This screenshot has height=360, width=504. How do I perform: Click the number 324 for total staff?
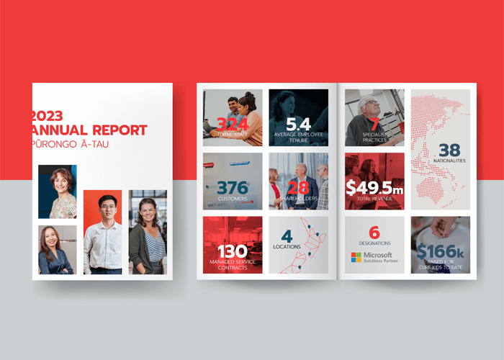pos(233,125)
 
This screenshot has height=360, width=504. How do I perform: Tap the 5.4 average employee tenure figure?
pos(298,124)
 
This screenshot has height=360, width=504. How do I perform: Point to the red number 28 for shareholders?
pos(298,188)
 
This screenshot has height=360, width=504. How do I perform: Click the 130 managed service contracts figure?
pos(233,251)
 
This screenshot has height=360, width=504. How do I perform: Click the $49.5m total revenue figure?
pos(374,188)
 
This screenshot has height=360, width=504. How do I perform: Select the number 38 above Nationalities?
pos(449,150)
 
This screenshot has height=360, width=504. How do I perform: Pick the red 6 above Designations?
pos(374,233)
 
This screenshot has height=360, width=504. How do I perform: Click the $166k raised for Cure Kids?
pos(440,251)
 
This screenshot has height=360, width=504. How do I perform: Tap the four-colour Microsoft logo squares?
pos(356,257)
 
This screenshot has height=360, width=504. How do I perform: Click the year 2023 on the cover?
pos(47,115)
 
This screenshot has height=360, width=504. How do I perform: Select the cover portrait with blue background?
pos(58,192)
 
